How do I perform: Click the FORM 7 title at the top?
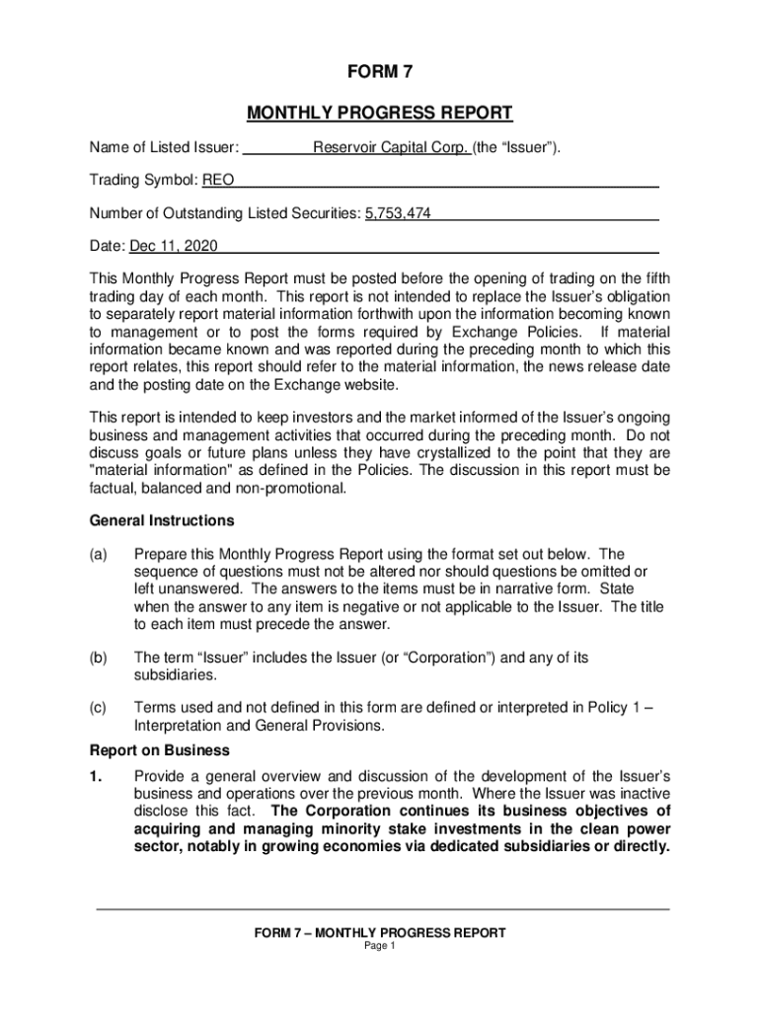point(380,73)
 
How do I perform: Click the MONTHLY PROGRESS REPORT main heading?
point(380,113)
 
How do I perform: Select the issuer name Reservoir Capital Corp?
point(391,149)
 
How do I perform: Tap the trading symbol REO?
point(218,181)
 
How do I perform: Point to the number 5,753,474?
point(398,213)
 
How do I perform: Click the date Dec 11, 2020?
point(174,246)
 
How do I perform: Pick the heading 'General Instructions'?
point(162,520)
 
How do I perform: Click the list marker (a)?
point(98,555)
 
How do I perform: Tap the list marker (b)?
point(98,658)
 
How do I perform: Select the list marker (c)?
point(98,708)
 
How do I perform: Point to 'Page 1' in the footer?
point(380,946)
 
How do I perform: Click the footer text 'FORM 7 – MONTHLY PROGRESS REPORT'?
point(380,933)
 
